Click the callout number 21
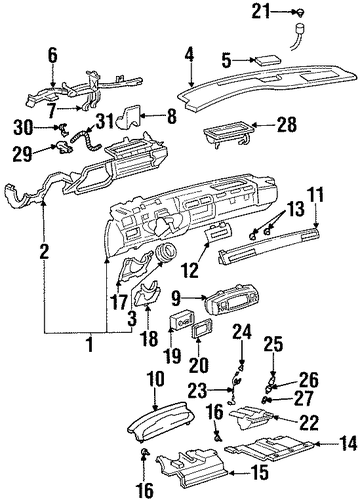pyautogui.click(x=261, y=12)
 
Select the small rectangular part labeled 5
pyautogui.click(x=268, y=61)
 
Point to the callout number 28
pyautogui.click(x=287, y=125)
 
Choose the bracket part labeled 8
pyautogui.click(x=129, y=116)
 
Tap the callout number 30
pyautogui.click(x=23, y=127)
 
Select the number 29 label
pyautogui.click(x=23, y=154)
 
